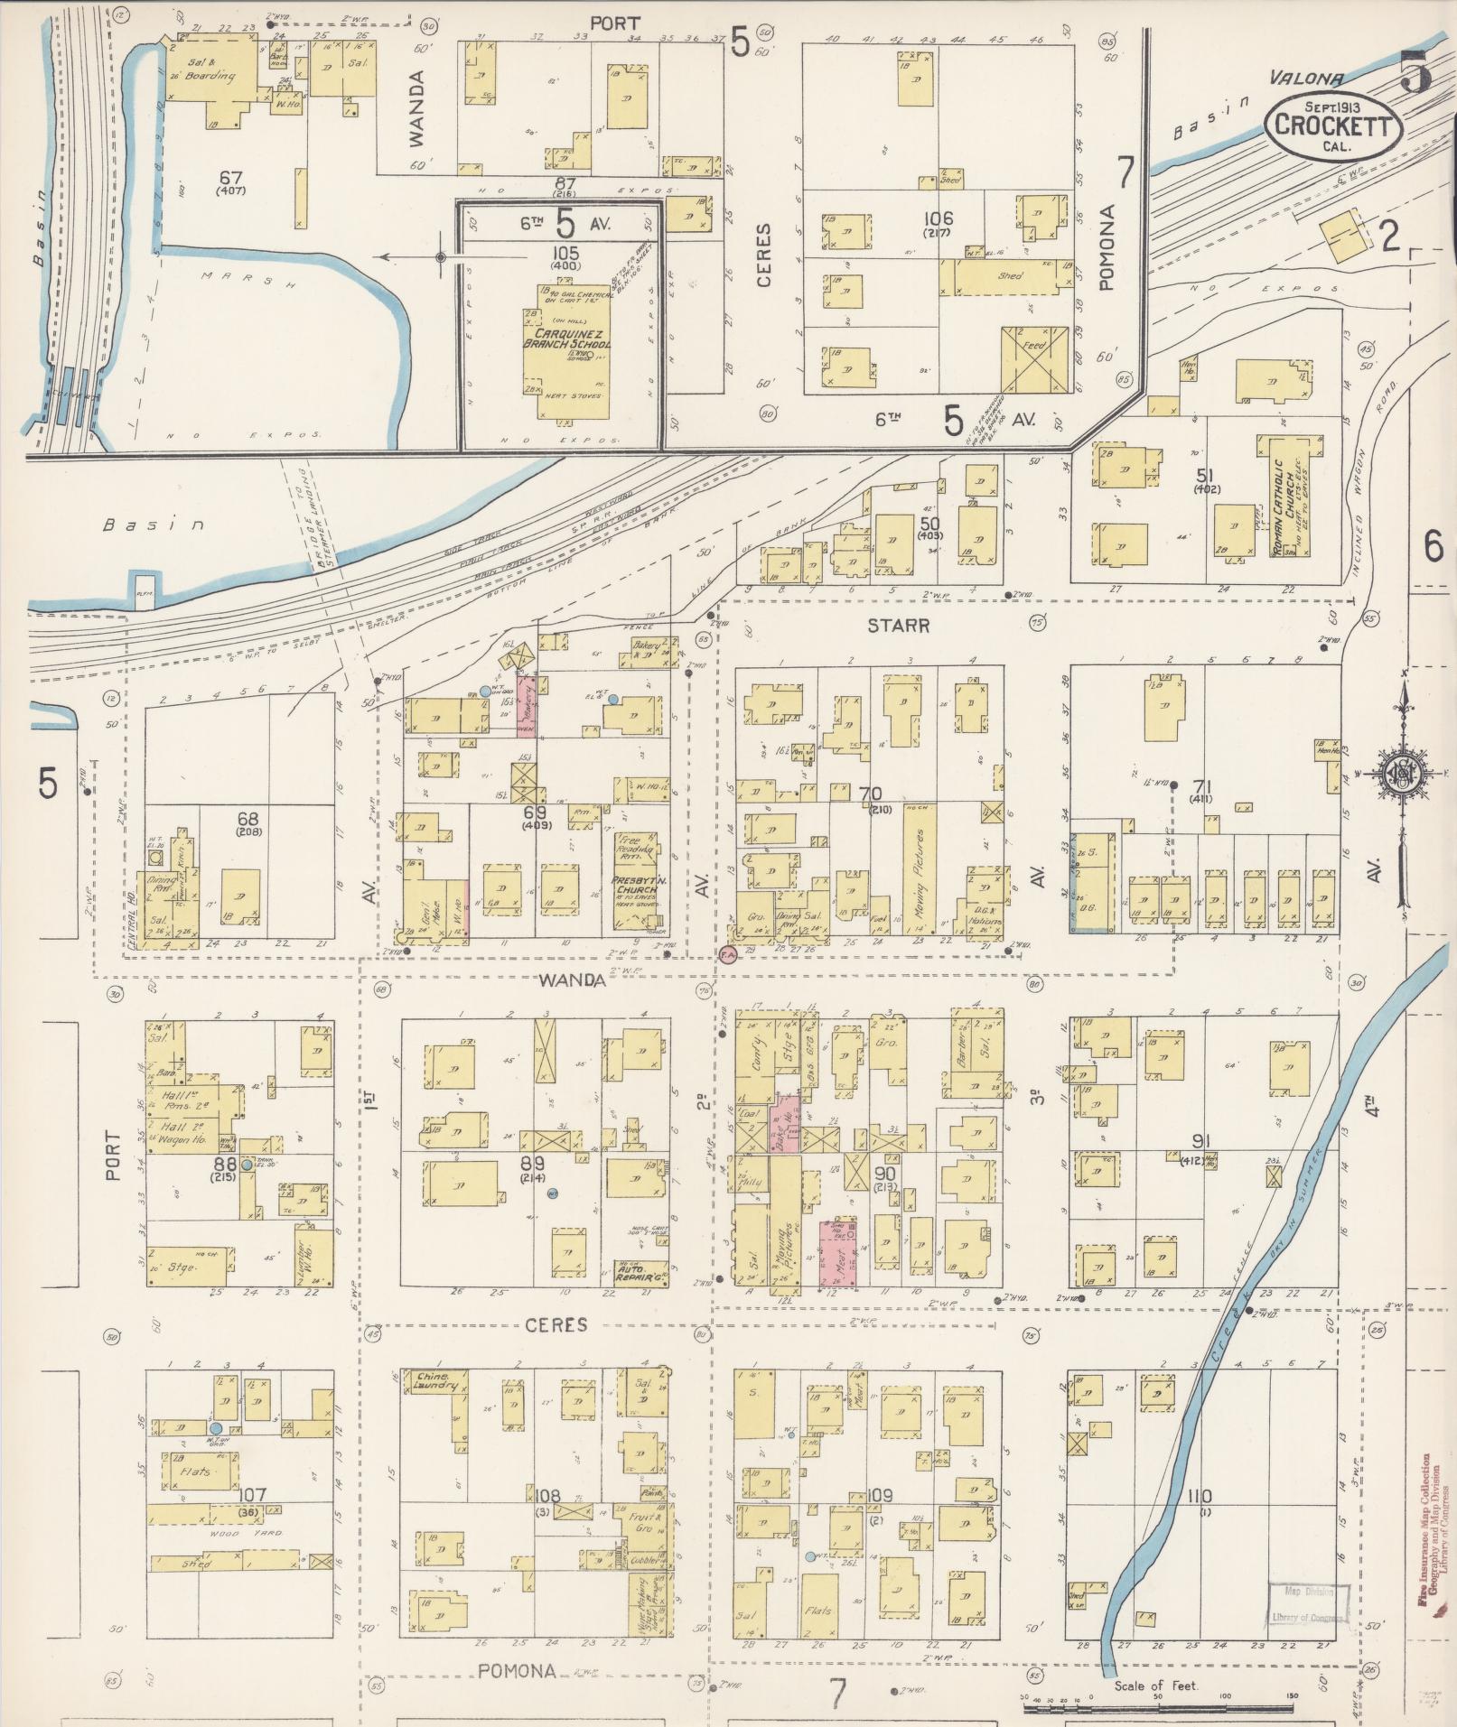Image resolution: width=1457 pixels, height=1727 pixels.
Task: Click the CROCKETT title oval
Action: (1332, 126)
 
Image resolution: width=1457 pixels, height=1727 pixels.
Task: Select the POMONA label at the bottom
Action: (517, 1670)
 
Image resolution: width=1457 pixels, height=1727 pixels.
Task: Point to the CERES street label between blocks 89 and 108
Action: (557, 1324)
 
